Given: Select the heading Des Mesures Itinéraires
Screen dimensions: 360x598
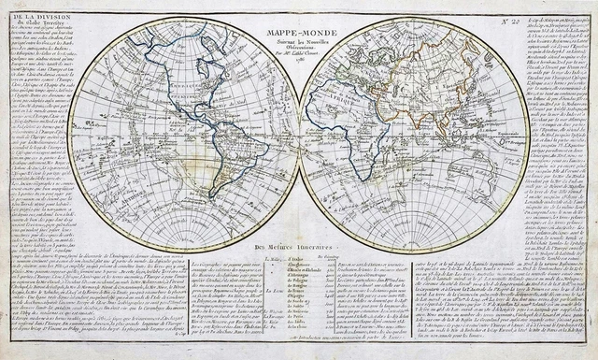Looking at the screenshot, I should click(x=298, y=247).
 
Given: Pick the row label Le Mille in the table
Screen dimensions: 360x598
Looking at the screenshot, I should click(x=273, y=257).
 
